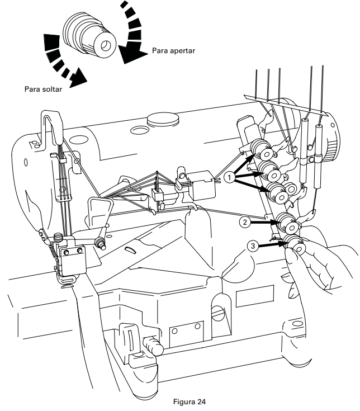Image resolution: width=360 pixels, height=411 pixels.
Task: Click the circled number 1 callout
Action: [229, 177]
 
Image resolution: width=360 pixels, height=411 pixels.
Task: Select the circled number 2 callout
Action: [244, 222]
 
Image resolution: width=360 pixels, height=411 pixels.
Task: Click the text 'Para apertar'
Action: [173, 51]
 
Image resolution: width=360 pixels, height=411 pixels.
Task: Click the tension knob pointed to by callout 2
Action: [289, 223]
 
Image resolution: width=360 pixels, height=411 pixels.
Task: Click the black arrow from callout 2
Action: [263, 223]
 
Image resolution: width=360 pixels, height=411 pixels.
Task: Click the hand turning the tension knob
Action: [319, 263]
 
